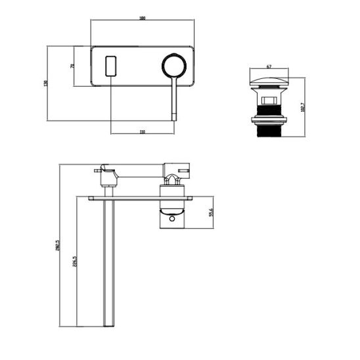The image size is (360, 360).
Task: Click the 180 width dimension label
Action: point(142,18)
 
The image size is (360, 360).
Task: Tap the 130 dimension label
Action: point(46,83)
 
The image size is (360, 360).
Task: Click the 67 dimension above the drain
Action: point(269,66)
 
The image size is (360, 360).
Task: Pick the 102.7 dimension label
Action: point(302,106)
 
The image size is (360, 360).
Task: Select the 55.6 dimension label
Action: point(210,213)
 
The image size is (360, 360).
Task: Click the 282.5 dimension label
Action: point(58,246)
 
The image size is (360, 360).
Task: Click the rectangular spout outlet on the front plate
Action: point(110,66)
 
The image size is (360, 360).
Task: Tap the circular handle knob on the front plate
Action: point(174,66)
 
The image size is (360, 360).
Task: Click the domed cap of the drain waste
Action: point(270,82)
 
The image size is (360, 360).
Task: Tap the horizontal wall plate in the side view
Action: point(141,196)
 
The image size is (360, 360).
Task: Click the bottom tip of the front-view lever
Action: point(174,119)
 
